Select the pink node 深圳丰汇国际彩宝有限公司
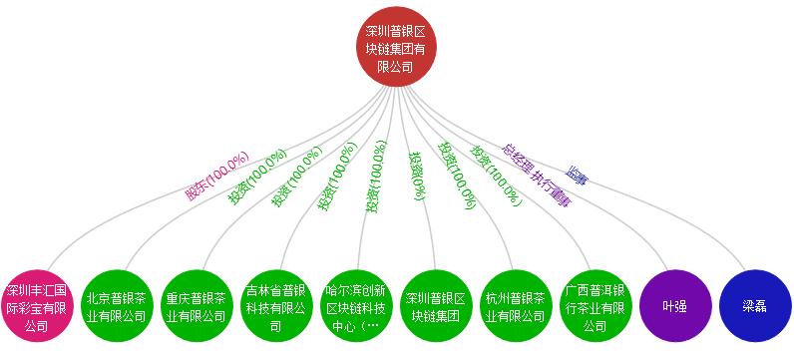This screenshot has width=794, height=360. pos(37,308)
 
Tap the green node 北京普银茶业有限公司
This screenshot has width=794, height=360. pos(117,308)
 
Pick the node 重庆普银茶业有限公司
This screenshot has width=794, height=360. pos(197,308)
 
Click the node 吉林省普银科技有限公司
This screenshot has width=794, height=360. pos(276,308)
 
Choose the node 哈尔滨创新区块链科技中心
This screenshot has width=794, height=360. pos(356,308)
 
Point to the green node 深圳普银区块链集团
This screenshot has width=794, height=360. pos(436,308)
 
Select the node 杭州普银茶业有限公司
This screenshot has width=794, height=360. pos(516,308)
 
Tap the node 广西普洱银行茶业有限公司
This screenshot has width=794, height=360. pos(595,308)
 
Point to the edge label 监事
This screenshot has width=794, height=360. pos(577,176)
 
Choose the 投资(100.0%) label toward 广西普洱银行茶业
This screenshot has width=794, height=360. pos(497,177)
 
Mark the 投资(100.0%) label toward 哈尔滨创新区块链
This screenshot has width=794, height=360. pos(375,177)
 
